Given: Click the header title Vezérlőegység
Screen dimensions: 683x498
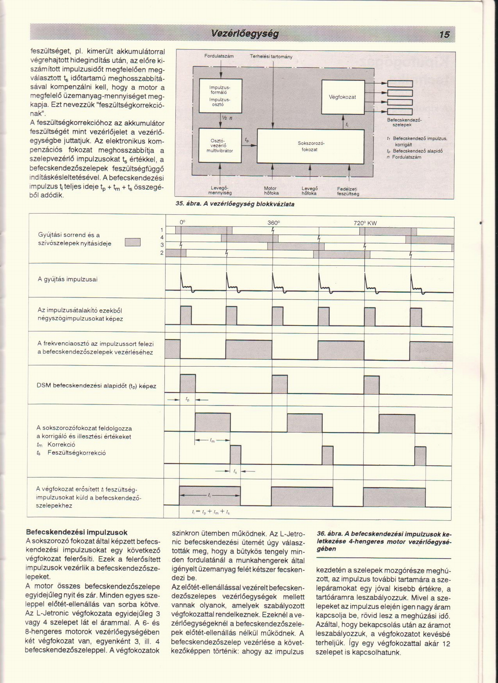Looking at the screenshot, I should coord(244,34).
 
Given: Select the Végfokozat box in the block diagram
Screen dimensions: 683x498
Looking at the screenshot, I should coord(343,97).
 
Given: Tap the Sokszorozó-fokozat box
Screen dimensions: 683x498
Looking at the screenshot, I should coord(310,146).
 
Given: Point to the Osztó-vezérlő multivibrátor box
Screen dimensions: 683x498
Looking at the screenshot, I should coord(220,146).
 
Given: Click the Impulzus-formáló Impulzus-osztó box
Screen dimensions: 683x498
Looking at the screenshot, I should coord(220,96).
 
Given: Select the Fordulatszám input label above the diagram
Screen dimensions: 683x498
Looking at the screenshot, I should coord(219,56).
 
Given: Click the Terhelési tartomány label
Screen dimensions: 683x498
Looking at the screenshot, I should coord(271,57).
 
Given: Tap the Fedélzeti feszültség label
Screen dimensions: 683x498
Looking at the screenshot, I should coord(348,191).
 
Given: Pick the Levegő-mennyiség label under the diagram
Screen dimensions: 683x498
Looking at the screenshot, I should coord(220,190).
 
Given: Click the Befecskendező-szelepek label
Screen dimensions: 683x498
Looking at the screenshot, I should coord(404,122).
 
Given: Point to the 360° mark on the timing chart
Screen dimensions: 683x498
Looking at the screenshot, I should coord(274,223).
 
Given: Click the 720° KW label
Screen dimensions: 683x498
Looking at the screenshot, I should coord(365,223).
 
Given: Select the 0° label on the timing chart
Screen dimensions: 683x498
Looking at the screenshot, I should coord(182,222).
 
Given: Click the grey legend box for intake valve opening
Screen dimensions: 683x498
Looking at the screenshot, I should coord(133,242).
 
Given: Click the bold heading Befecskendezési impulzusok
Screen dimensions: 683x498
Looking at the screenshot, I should coord(77,532).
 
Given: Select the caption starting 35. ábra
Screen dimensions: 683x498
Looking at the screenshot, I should coord(235,204).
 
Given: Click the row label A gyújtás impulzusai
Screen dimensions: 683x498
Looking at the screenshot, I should coord(68,279).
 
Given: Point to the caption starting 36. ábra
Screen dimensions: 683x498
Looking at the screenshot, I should coord(384,541).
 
